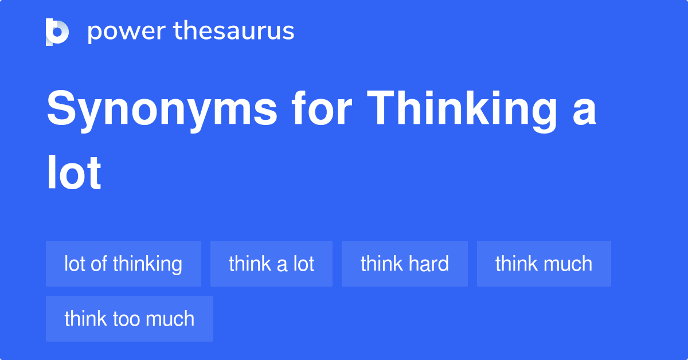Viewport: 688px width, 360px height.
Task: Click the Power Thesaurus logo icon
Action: point(57,32)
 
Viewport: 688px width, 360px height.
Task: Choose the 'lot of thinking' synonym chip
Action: point(123,264)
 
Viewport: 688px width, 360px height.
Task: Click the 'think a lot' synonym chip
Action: point(271,264)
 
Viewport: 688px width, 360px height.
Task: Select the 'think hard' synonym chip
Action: point(404,264)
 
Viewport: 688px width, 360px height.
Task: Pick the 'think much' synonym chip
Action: point(544,264)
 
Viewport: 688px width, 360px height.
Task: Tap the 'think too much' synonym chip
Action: point(129,319)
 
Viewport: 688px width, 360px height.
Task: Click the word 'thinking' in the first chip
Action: point(147,264)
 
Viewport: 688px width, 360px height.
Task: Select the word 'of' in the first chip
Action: point(99,264)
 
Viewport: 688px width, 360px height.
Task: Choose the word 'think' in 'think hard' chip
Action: point(380,264)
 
